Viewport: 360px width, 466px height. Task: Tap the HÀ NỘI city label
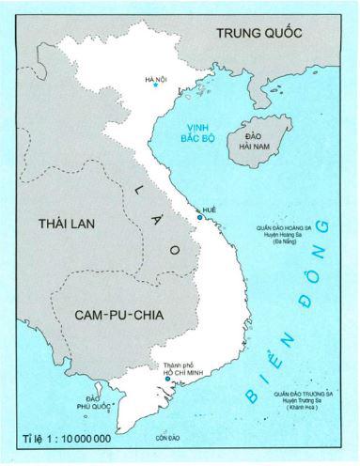tap(156, 78)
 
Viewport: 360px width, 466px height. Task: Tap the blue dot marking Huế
tap(200, 218)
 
